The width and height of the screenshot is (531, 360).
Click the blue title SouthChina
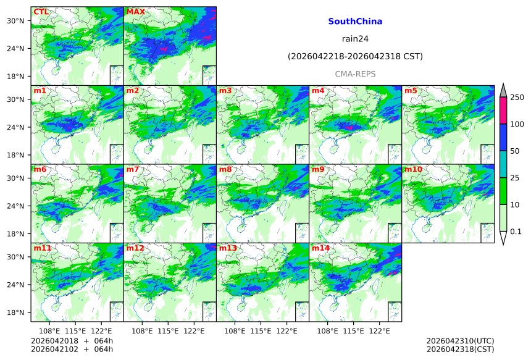click(x=355, y=22)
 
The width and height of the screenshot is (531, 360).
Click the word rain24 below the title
click(x=355, y=39)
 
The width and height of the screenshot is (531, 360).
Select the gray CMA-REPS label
click(x=355, y=74)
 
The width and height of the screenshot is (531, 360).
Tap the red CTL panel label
click(x=41, y=12)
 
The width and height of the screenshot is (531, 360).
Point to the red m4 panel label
click(x=318, y=91)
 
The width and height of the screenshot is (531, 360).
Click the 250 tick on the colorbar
click(x=517, y=98)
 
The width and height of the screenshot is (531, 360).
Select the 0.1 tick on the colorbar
click(x=516, y=232)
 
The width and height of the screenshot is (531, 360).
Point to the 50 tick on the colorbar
click(x=516, y=151)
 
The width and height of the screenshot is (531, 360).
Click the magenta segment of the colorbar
click(x=503, y=111)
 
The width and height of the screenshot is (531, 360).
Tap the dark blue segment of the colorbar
click(x=503, y=137)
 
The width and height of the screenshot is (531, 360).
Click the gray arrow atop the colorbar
click(x=503, y=90)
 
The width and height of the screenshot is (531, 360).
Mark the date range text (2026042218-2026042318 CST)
click(x=355, y=57)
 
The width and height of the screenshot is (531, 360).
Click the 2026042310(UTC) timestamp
click(x=460, y=341)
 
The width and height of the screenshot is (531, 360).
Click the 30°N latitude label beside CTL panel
click(x=15, y=21)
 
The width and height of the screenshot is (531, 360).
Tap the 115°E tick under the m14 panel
click(x=353, y=331)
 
